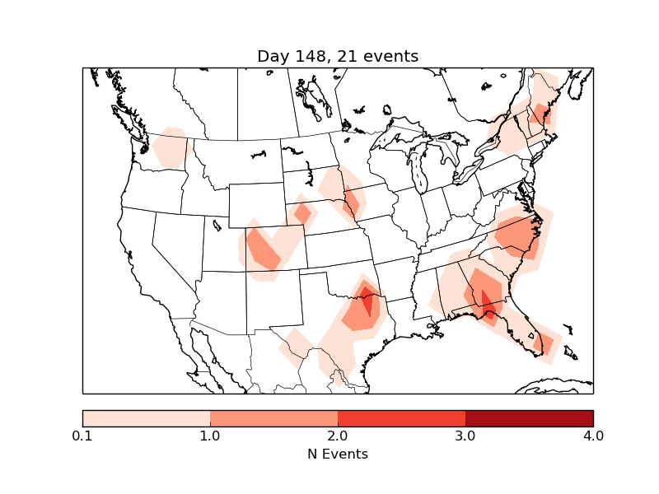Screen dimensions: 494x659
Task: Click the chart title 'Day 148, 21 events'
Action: coord(338,56)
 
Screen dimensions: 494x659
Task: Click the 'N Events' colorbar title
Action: coord(338,454)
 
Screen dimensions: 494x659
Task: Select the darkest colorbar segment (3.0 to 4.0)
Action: coord(529,418)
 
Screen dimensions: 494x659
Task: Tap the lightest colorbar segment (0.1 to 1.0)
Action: coord(147,418)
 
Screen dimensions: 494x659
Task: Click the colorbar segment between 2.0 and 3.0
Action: coord(401,418)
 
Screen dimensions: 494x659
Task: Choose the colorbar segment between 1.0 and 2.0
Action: coord(273,418)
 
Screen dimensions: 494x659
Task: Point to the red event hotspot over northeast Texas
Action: coord(366,303)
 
